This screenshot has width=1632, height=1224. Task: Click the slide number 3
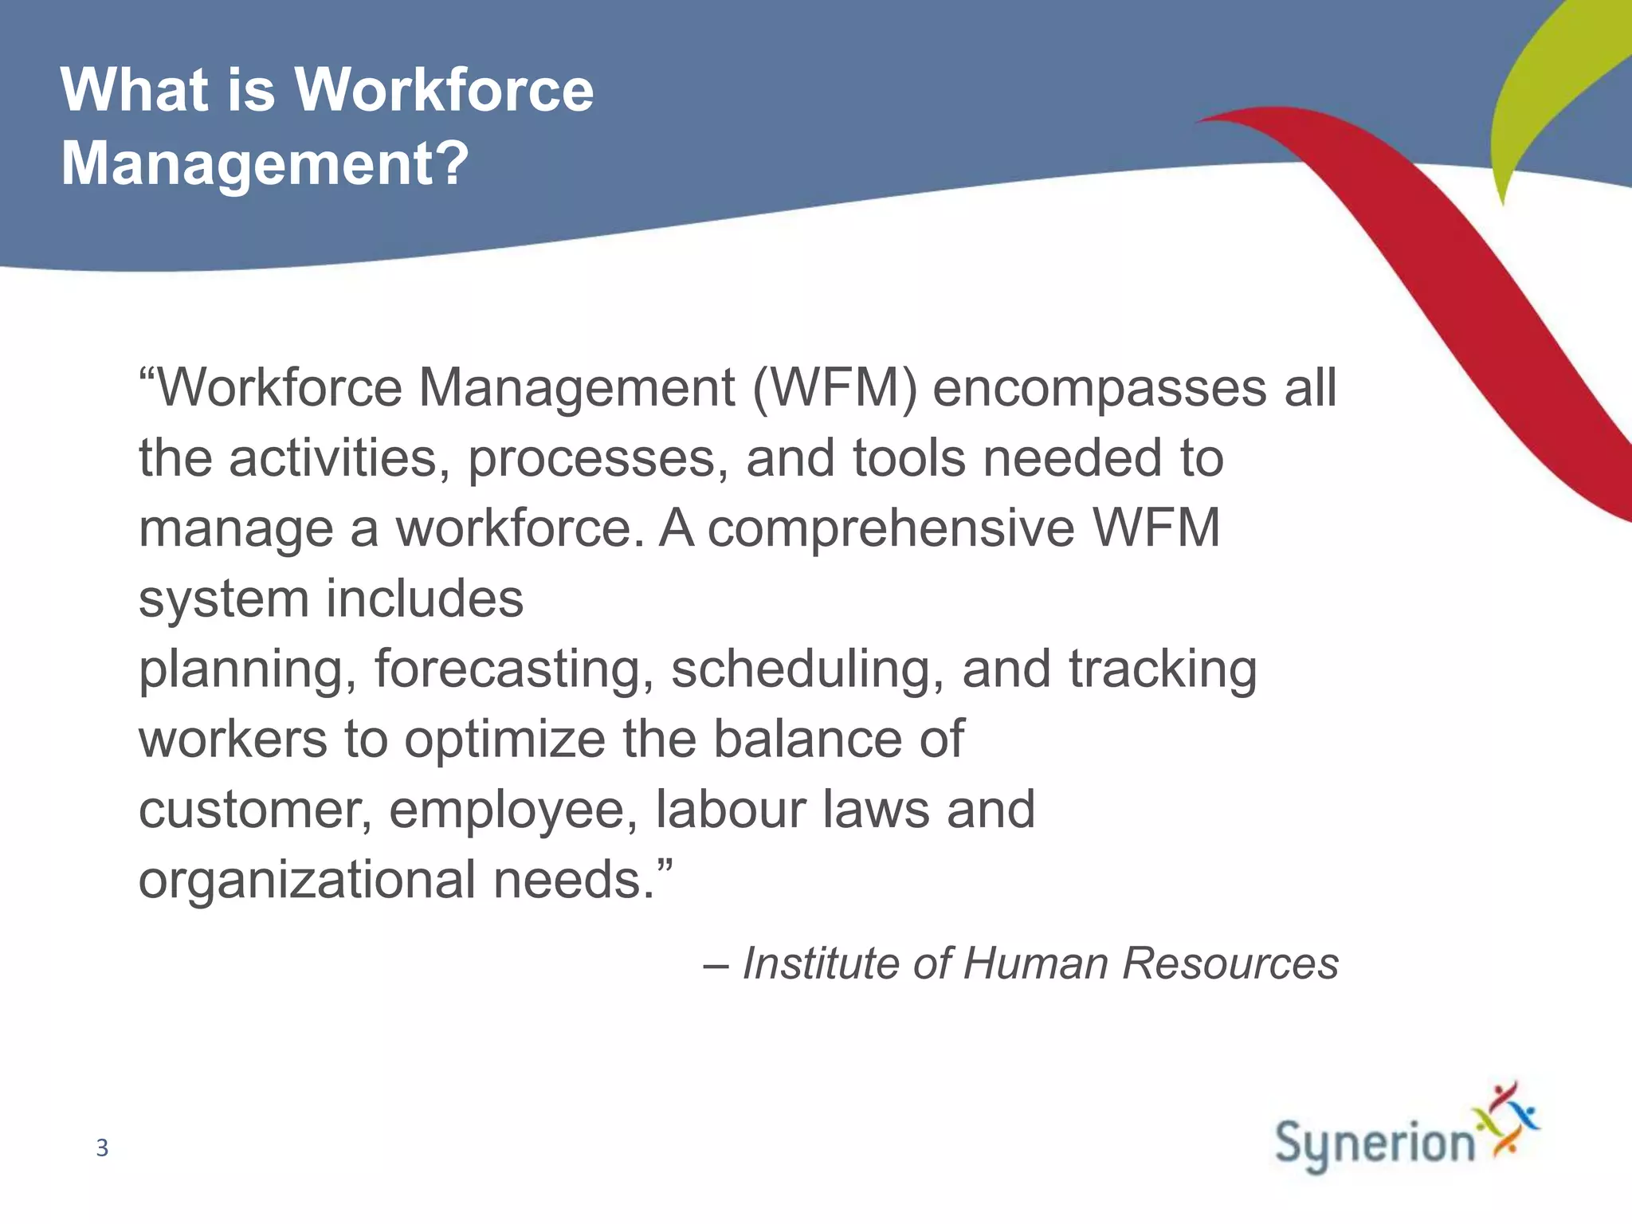coord(102,1147)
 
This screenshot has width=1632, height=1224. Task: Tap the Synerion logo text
coord(1375,1145)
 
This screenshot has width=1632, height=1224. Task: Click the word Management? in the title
coord(265,163)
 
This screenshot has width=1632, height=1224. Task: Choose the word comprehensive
coord(891,528)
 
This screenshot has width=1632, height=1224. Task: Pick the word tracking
coord(1163,669)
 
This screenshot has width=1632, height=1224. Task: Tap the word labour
coord(729,809)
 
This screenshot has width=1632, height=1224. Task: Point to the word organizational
coord(307,880)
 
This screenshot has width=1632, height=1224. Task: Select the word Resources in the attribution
coord(1230,963)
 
